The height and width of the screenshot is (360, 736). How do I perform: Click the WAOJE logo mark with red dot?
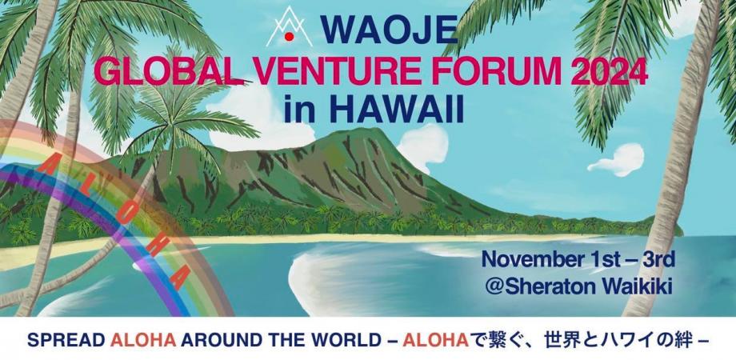pos(289,27)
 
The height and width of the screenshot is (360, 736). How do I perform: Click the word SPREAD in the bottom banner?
pos(65,338)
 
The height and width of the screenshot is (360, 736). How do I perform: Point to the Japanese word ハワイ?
pos(625,338)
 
